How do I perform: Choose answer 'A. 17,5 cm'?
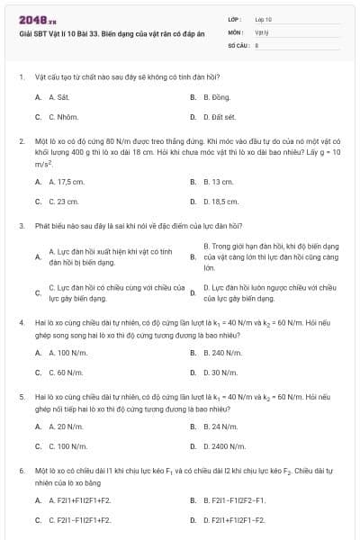tap(67, 181)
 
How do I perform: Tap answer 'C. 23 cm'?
tap(63, 202)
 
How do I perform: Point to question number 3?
tap(21, 225)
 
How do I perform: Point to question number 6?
tap(21, 470)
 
